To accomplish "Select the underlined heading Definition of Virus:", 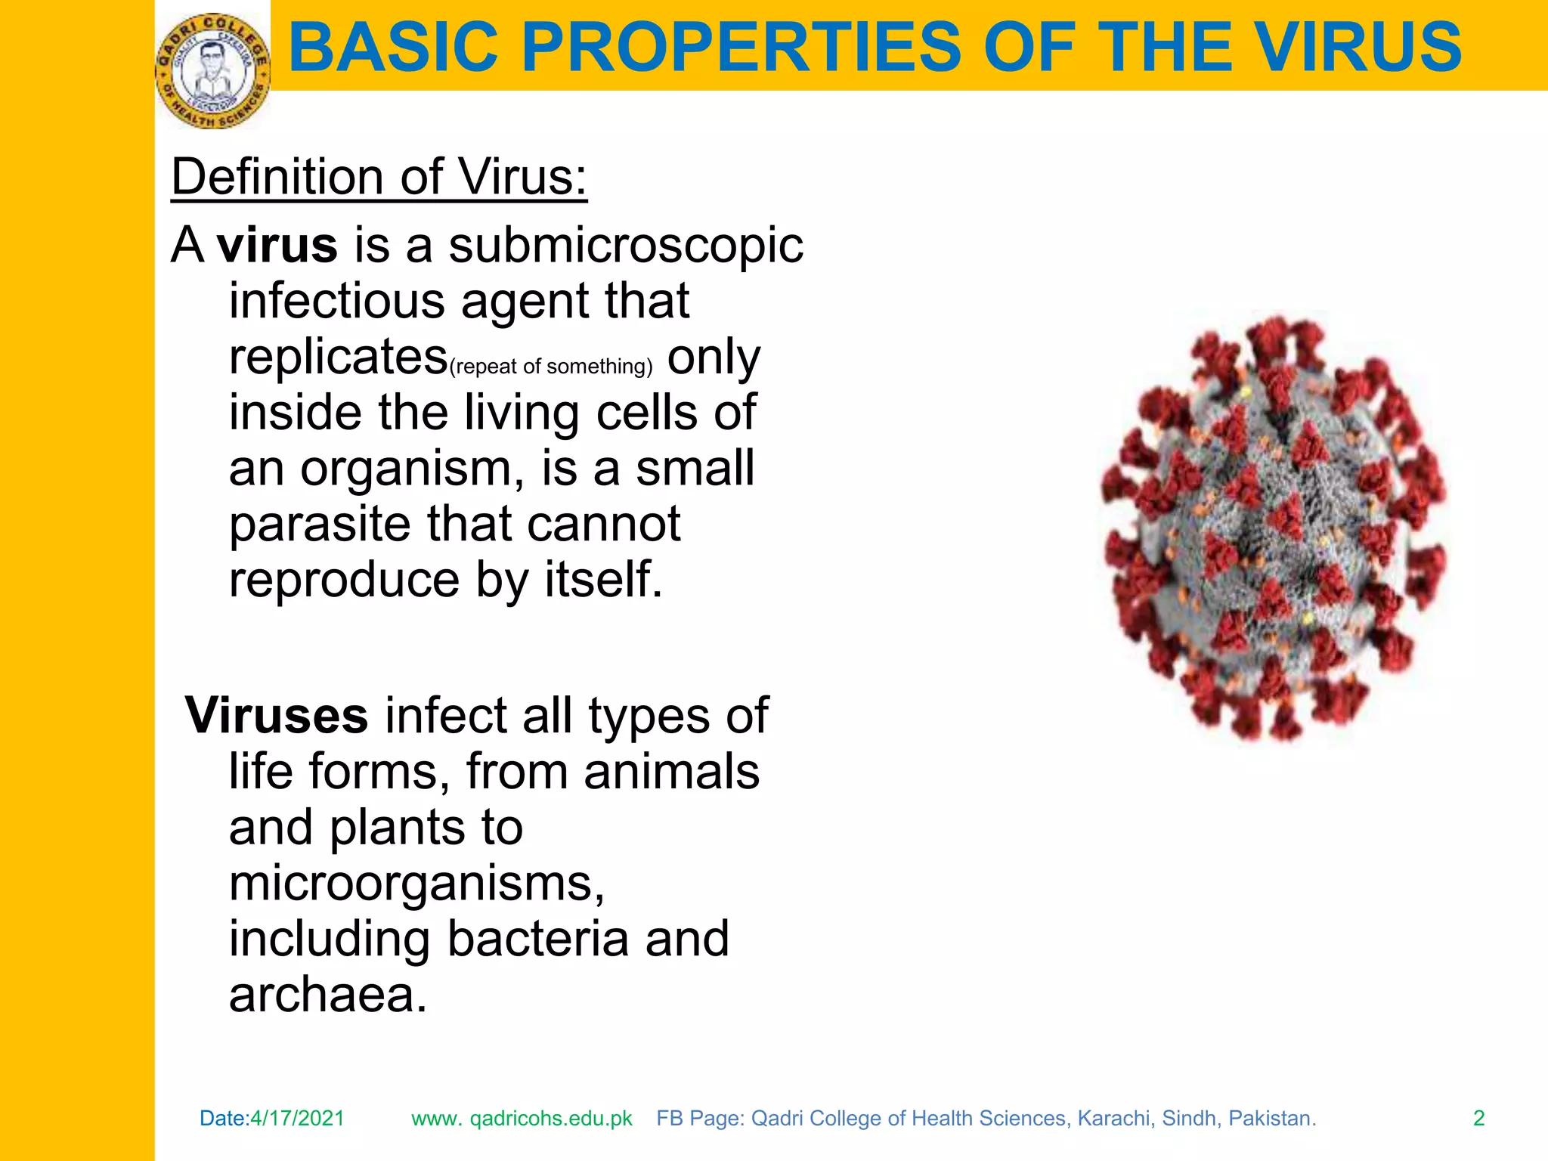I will [x=379, y=178].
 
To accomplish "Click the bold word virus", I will [x=277, y=246].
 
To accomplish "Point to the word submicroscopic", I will [x=626, y=246].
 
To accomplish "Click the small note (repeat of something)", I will [x=550, y=367].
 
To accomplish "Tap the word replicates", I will [x=338, y=357].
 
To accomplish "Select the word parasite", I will [x=319, y=524].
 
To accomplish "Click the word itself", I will [x=603, y=580].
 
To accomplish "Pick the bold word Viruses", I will [x=277, y=715].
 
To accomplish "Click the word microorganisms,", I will [x=416, y=882].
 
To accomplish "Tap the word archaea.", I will [x=327, y=994].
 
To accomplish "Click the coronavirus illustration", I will [x=1274, y=527].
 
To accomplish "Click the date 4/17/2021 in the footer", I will [x=297, y=1118].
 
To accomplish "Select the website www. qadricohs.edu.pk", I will [x=522, y=1118].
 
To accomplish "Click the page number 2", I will [x=1478, y=1118].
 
